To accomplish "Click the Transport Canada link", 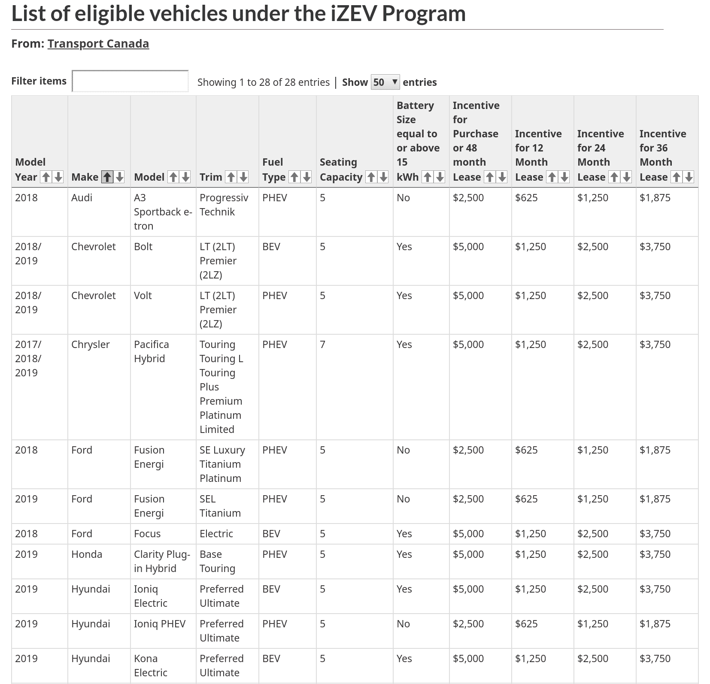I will point(98,44).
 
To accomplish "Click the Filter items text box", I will point(130,81).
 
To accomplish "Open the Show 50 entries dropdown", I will point(385,82).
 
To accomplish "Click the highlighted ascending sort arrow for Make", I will point(107,177).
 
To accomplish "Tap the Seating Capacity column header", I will point(341,169).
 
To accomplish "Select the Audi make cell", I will point(82,198).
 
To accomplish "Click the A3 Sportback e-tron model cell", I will point(162,212).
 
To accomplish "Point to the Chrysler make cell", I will point(91,345).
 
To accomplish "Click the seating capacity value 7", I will point(323,345).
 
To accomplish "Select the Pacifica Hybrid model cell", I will point(151,351).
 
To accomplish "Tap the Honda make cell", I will point(87,554).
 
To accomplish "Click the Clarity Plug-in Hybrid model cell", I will point(161,561).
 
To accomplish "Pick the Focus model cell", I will point(147,534).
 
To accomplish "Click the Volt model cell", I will point(143,296).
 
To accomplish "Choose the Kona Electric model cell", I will point(150,666).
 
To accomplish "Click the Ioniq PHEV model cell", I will point(160,624).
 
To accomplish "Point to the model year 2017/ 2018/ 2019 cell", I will point(28,358).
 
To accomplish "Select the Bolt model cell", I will point(143,247).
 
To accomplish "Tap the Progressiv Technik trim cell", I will point(224,205).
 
